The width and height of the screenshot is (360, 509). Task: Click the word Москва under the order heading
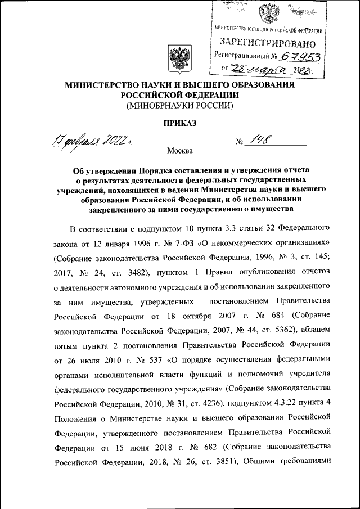coord(179,151)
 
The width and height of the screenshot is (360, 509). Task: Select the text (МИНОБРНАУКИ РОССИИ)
coord(180,106)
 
